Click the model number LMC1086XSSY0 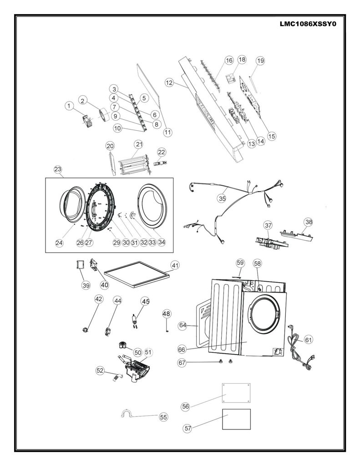click(308, 24)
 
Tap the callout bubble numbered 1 click(69, 106)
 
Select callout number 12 click(169, 82)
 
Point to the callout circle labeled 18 click(242, 60)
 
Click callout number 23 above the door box click(58, 169)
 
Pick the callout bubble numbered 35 click(222, 198)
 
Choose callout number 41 click(175, 265)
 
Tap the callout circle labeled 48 click(167, 314)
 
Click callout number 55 click(163, 417)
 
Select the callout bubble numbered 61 click(309, 339)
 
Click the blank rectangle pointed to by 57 click(236, 419)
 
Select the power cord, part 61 click(300, 348)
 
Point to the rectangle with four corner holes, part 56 click(236, 393)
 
